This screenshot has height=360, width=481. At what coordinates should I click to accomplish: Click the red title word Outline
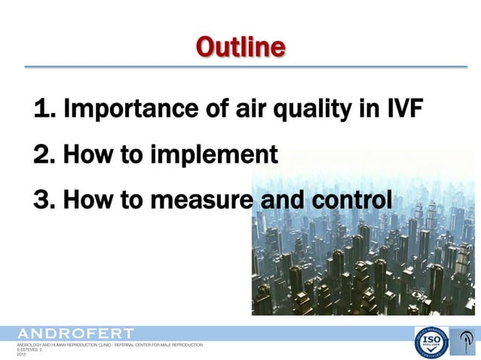[240, 47]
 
